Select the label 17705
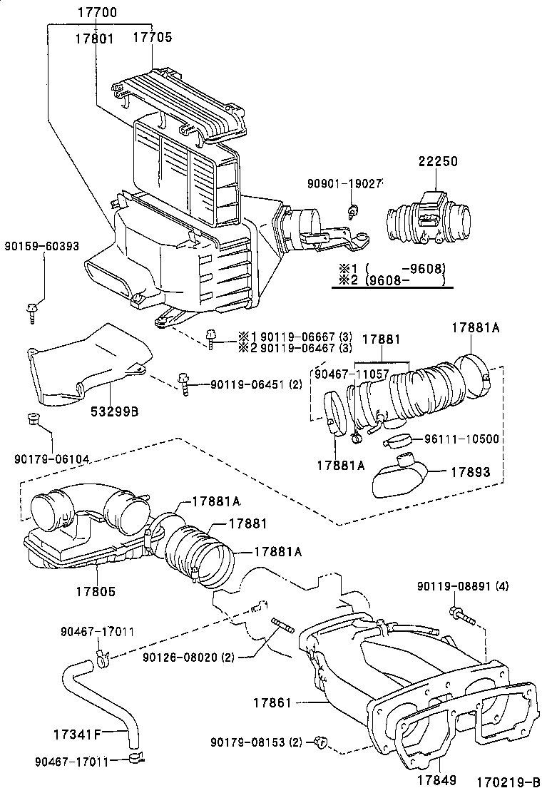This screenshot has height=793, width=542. click(152, 39)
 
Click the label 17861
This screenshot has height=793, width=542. click(272, 703)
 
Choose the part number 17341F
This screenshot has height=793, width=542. click(78, 732)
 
